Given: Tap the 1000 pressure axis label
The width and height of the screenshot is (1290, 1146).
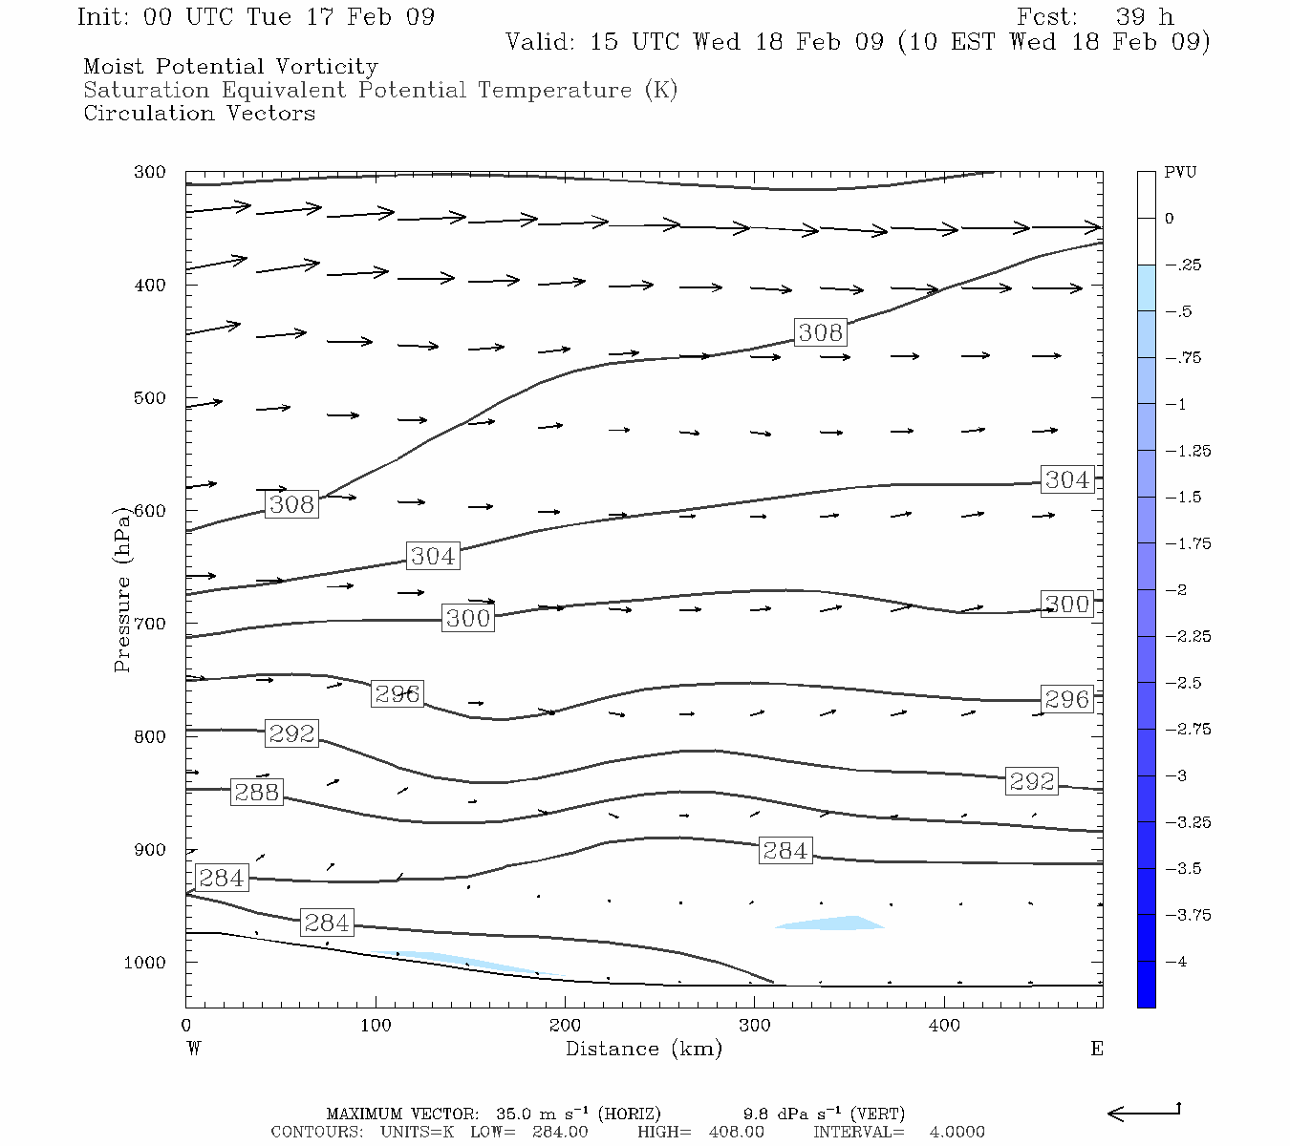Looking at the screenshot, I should (144, 963).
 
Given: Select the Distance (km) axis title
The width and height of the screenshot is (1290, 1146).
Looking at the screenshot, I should (643, 1049).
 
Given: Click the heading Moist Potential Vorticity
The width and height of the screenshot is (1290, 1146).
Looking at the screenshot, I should (230, 67).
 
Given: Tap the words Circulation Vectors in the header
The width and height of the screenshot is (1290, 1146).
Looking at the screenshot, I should (199, 114).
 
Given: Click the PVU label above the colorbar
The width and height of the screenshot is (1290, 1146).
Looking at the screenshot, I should (1180, 173).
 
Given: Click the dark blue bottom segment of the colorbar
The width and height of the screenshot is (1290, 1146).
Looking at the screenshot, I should (1146, 984).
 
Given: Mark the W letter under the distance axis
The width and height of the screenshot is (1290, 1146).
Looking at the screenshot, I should (194, 1049).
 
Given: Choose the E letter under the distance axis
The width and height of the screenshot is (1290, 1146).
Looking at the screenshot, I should (1097, 1049).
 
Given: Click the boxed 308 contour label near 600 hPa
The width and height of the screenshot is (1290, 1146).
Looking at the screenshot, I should (291, 504).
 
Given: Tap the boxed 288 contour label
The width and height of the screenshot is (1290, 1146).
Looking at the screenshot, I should (256, 792).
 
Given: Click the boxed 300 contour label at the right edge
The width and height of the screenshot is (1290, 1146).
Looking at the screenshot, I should (1066, 604).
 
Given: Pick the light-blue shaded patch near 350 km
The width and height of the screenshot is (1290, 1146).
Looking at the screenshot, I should (831, 923).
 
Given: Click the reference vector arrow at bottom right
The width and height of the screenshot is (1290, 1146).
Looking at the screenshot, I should (1144, 1113).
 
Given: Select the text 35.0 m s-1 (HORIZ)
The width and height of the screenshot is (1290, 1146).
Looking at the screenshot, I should (578, 1114).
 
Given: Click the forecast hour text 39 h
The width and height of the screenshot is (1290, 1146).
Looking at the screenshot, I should (1145, 17).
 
